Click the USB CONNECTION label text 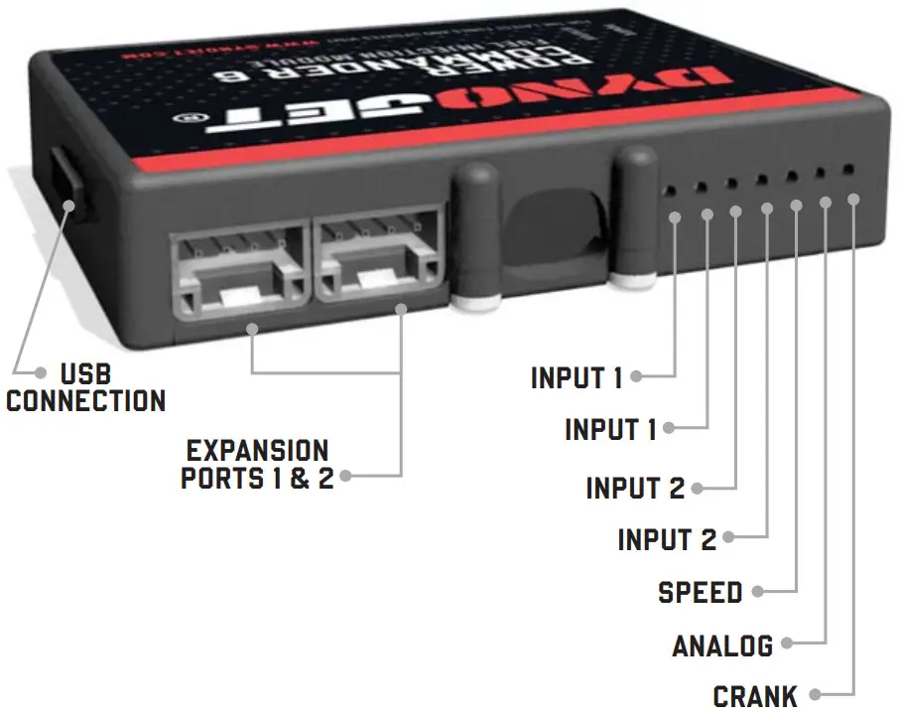[85, 388]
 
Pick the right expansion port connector [377, 258]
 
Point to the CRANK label [755, 696]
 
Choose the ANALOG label [722, 646]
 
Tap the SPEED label [701, 593]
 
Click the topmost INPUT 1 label [577, 378]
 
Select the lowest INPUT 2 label [666, 540]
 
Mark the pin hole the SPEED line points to [791, 177]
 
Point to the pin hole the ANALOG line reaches [820, 174]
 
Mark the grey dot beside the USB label [41, 373]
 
